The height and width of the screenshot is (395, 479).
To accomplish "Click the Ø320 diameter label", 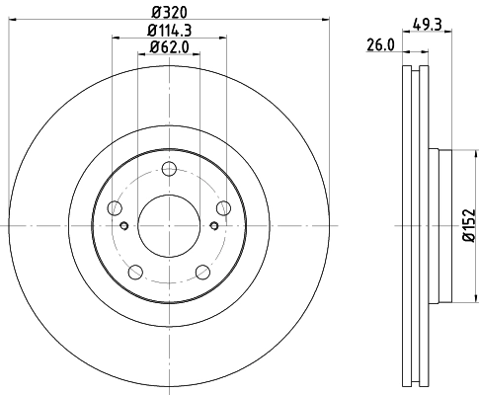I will pos(168,13).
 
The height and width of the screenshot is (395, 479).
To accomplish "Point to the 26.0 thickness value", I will pos(379,43).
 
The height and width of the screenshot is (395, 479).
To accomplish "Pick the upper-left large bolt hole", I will pos(114,207).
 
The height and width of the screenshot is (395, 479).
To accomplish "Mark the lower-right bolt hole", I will pos(202,273).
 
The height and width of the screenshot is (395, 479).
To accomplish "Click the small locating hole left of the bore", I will pos(123,226).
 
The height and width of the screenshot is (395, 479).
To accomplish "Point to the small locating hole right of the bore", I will pos(212,226).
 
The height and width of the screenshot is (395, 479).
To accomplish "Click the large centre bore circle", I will pos(168,226).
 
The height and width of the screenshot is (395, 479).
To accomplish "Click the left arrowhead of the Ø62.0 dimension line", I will pos(139,58).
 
